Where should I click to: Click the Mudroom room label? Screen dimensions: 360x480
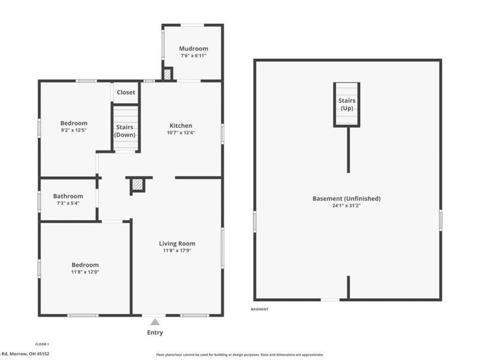[194, 49]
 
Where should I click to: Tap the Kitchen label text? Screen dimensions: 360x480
[180, 125]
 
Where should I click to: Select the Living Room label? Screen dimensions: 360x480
[177, 243]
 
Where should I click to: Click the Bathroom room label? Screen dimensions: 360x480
[68, 196]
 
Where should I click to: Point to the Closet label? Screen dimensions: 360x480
[126, 92]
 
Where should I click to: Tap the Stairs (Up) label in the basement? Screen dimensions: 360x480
[347, 104]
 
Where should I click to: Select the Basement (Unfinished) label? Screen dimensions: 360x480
[346, 199]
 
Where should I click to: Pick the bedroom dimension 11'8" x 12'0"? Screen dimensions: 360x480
[85, 272]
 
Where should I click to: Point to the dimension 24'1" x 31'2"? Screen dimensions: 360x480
[346, 206]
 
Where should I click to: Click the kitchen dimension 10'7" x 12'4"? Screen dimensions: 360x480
[180, 133]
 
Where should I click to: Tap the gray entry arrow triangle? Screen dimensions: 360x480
[155, 322]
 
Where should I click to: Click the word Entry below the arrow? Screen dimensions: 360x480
[155, 332]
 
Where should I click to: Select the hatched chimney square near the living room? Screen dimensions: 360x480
[138, 185]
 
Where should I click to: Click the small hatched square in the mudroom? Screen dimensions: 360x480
[168, 74]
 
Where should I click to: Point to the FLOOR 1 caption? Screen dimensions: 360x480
[42, 344]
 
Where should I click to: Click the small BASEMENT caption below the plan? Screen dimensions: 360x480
[259, 309]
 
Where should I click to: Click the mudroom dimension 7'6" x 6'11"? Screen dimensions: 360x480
[194, 56]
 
